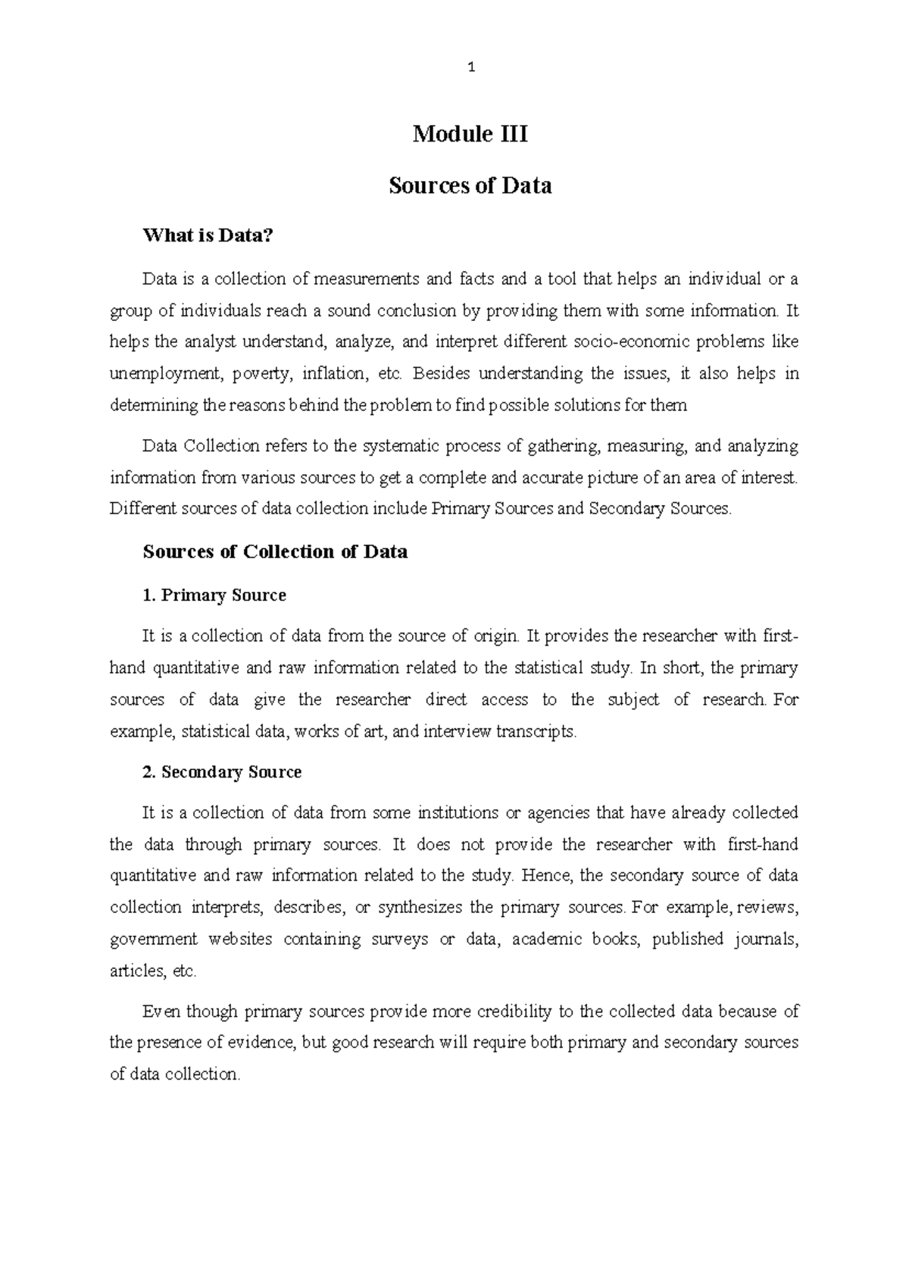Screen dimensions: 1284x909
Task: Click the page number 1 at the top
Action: [x=471, y=68]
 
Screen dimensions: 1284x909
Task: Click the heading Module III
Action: [x=470, y=135]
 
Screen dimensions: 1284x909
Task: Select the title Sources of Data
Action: [x=470, y=186]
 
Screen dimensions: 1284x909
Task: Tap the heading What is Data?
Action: [x=207, y=236]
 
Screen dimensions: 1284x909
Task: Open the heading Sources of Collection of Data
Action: [x=275, y=552]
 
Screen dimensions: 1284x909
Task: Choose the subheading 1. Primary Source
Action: [x=214, y=596]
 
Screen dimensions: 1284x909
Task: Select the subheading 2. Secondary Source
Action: [x=222, y=772]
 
